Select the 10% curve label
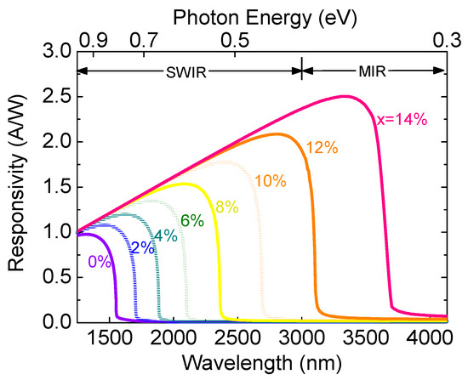[x=271, y=180]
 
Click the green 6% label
[x=191, y=220]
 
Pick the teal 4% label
[x=165, y=235]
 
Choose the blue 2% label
[x=142, y=248]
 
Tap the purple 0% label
[x=100, y=262]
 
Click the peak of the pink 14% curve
[x=345, y=96]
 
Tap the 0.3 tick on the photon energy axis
[x=445, y=39]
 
